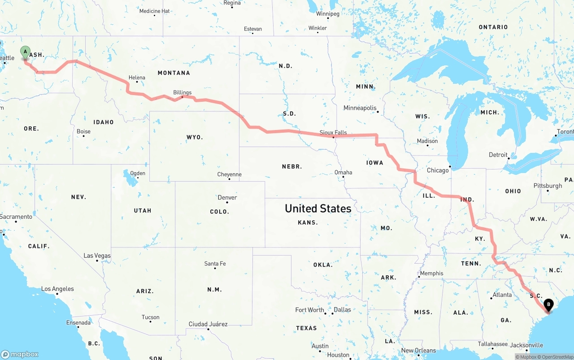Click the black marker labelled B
pos(548,305)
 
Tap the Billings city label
pos(182,92)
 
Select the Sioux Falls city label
pos(333,132)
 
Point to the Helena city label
pos(137,78)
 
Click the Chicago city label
pos(438,170)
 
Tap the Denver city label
pos(227,197)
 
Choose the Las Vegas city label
pos(97,256)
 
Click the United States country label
pos(318,208)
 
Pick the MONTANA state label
pos(174,73)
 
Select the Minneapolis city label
pos(360,108)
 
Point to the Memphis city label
pos(431,273)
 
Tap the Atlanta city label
pos(502,295)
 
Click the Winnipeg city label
pos(327,14)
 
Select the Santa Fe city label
pos(215,264)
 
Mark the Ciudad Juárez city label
pos(208,324)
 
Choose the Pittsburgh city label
pos(548,186)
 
